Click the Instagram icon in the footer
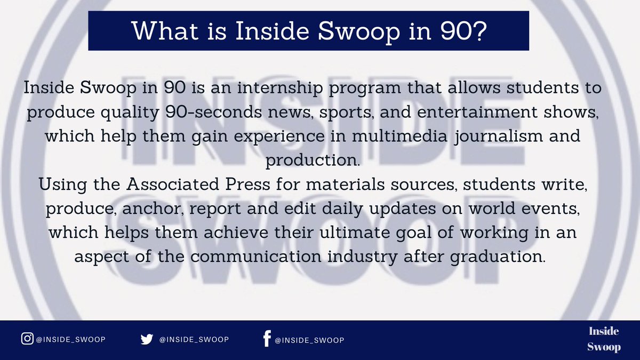[26, 339]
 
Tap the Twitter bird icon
[146, 340]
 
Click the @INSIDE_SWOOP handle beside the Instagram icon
[70, 340]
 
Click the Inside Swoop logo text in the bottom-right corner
[604, 339]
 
